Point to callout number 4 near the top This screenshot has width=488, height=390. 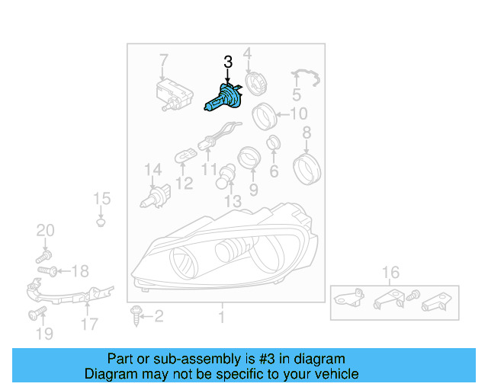coord(247,53)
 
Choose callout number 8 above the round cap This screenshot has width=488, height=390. coord(307,134)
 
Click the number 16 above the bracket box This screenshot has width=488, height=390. coord(390,273)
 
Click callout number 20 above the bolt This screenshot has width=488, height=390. coord(46,231)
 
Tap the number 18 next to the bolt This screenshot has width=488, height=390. coord(80,270)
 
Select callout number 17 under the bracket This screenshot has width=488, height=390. coord(89,324)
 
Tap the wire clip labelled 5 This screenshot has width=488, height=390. coord(305,76)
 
